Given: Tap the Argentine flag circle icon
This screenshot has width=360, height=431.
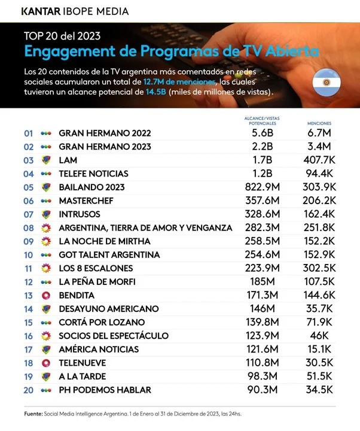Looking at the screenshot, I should tap(327, 81).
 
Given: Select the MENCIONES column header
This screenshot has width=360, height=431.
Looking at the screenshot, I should tap(319, 122).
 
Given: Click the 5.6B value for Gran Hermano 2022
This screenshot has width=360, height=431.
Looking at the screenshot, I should tap(263, 133).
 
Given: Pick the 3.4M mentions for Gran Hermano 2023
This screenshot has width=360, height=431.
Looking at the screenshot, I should tap(319, 147).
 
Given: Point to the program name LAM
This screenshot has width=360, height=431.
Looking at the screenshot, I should tap(68, 160).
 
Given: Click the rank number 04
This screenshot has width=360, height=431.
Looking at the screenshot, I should tap(28, 174).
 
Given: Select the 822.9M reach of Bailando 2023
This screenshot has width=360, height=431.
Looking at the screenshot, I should tap(263, 187).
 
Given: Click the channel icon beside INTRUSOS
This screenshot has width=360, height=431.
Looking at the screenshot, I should tap(45, 214).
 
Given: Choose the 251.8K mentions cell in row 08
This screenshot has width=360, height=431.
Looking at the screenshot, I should tap(319, 227).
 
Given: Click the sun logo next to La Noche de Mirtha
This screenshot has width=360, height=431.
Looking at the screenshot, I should tap(45, 241).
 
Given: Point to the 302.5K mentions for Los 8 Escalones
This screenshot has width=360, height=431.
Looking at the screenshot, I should tap(319, 268).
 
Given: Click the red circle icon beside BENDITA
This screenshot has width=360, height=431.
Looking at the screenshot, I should tap(45, 295).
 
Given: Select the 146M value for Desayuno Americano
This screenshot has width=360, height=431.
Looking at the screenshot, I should tap(263, 309).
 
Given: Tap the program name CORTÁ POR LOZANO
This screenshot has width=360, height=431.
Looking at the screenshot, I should tap(102, 322).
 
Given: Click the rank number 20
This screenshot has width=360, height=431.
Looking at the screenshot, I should tap(28, 390).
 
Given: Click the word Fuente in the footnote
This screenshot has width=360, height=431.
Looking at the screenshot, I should tap(32, 414).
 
